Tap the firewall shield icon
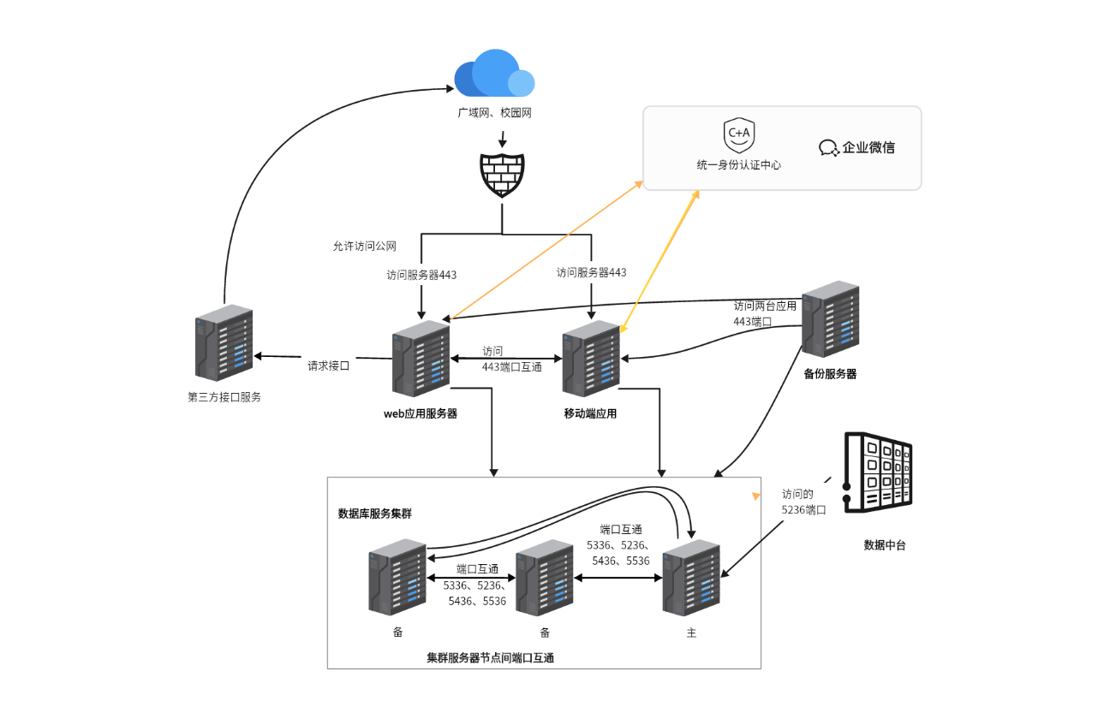[501, 175]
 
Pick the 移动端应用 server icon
[591, 359]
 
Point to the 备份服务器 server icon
[830, 318]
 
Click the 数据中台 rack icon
[878, 473]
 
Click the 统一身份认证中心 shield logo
[738, 135]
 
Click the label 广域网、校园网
[494, 112]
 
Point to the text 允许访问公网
[365, 247]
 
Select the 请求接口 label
[329, 365]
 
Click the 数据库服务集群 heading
[375, 514]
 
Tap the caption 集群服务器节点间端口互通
[491, 657]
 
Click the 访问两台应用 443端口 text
[765, 313]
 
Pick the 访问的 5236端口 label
[803, 502]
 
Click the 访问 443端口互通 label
[511, 359]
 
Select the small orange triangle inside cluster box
[755, 496]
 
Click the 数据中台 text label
[885, 544]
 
